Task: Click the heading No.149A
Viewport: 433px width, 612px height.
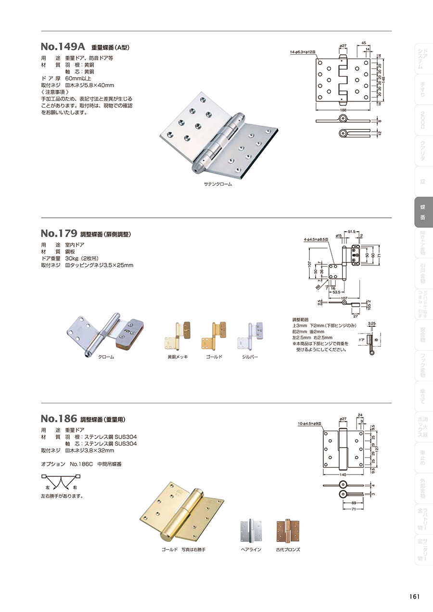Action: click(63, 47)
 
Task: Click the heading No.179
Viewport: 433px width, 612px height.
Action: click(59, 234)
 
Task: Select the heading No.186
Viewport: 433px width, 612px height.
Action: click(59, 418)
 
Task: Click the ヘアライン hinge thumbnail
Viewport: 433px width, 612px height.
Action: click(251, 531)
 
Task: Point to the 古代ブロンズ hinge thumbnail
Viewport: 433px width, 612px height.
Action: click(288, 531)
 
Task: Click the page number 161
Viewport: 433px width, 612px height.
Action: click(415, 597)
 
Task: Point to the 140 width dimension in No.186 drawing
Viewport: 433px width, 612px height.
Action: click(342, 475)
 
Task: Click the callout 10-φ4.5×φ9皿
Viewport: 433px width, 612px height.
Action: click(312, 424)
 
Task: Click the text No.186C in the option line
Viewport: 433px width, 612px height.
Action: click(81, 464)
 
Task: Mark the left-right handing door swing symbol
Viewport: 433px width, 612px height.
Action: click(60, 482)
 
